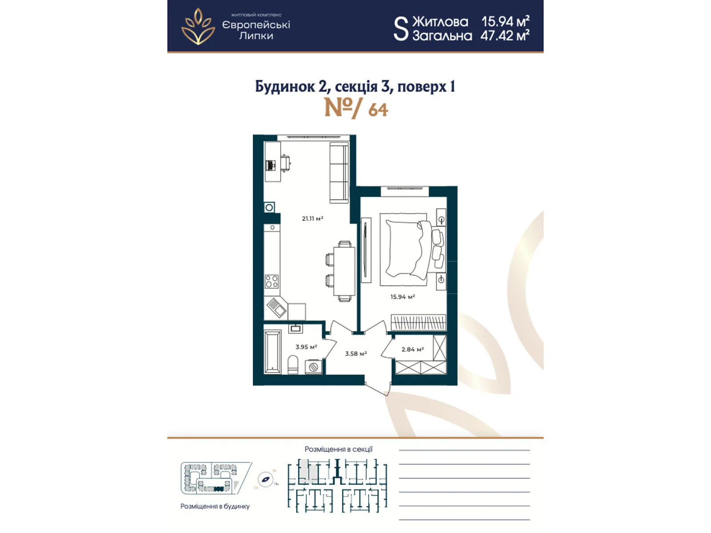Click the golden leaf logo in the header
[198, 27]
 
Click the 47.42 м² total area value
[504, 36]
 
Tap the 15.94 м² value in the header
[505, 21]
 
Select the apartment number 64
[378, 110]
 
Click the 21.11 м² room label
[312, 219]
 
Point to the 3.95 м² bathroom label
[306, 347]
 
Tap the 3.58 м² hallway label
[355, 354]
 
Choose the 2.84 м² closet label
[412, 350]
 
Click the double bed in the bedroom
[405, 249]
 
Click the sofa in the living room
[339, 173]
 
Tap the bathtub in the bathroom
[272, 351]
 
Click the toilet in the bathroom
[293, 365]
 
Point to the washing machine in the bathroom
[313, 367]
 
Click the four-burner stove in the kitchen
[272, 282]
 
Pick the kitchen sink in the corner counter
[276, 307]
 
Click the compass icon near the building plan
[265, 480]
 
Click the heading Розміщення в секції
[338, 449]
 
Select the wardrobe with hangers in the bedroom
[418, 322]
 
